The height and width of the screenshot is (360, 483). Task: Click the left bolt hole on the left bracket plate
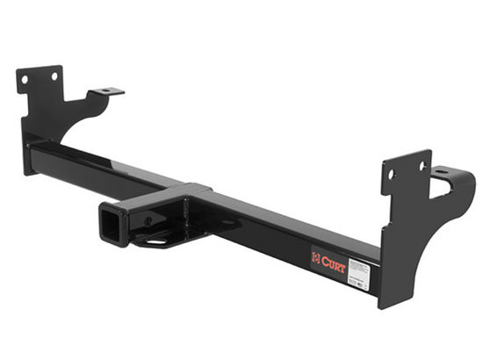pyautogui.click(x=25, y=80)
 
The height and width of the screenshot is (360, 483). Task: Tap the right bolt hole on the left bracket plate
pyautogui.click(x=54, y=76)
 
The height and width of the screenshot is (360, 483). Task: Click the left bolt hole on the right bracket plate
pyautogui.click(x=392, y=173)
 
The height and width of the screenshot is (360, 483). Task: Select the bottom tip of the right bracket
pyautogui.click(x=384, y=303)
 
